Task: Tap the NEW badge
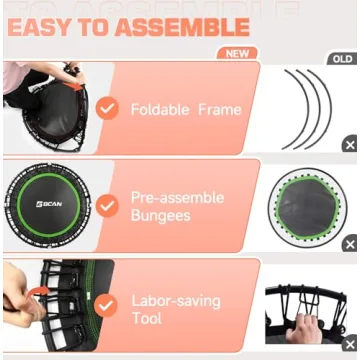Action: (x=236, y=53)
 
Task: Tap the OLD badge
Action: (x=342, y=59)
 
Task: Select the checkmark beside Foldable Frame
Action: (x=107, y=108)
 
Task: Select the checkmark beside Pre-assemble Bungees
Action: (x=107, y=205)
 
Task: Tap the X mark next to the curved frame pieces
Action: (x=349, y=145)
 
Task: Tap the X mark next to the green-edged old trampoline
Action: (x=349, y=244)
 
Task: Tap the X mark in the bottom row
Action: (x=349, y=344)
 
